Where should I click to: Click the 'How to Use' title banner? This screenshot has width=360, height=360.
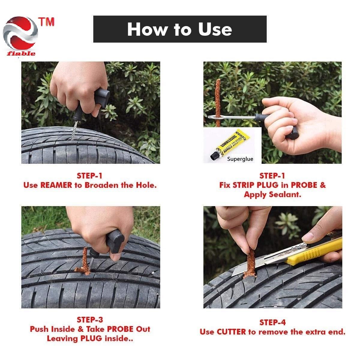(180, 29)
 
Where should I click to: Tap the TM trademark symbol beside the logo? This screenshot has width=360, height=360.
(46, 22)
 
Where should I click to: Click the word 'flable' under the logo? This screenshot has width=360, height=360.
(21, 54)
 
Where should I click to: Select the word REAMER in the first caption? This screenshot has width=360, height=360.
(56, 185)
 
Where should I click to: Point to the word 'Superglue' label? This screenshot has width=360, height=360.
(240, 159)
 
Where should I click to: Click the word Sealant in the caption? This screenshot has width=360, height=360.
(285, 195)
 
